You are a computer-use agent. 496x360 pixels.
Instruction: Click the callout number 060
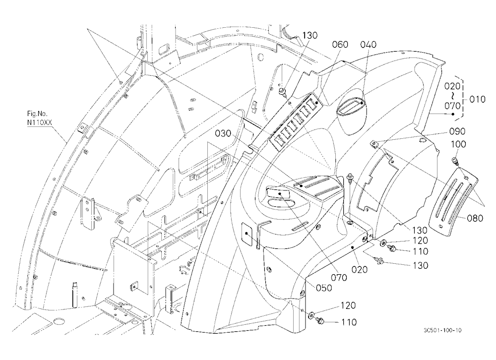[x=340, y=44]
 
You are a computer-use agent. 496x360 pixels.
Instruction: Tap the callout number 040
[x=368, y=44]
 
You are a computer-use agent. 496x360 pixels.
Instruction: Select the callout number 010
[x=477, y=99]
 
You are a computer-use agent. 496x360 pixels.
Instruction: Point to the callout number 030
[x=223, y=133]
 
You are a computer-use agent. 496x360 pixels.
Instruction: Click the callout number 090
[x=457, y=131]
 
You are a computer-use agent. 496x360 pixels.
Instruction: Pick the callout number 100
[x=458, y=144]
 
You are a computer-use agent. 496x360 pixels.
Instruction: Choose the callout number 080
[x=475, y=218]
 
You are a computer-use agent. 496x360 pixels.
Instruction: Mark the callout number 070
[x=339, y=278]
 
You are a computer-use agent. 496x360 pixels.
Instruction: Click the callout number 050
[x=324, y=288]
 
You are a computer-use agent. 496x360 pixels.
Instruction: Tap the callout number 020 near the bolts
[x=360, y=270]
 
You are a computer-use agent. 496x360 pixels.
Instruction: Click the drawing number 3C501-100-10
[x=442, y=330]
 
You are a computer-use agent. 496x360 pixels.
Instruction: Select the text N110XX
[x=40, y=120]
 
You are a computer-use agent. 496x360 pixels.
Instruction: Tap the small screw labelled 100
[x=454, y=161]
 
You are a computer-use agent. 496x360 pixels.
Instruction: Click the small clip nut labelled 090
[x=374, y=144]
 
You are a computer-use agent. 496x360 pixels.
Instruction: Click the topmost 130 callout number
[x=310, y=35]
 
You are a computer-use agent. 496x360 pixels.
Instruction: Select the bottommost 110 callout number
[x=349, y=322]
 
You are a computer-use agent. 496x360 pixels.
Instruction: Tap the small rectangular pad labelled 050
[x=248, y=234]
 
